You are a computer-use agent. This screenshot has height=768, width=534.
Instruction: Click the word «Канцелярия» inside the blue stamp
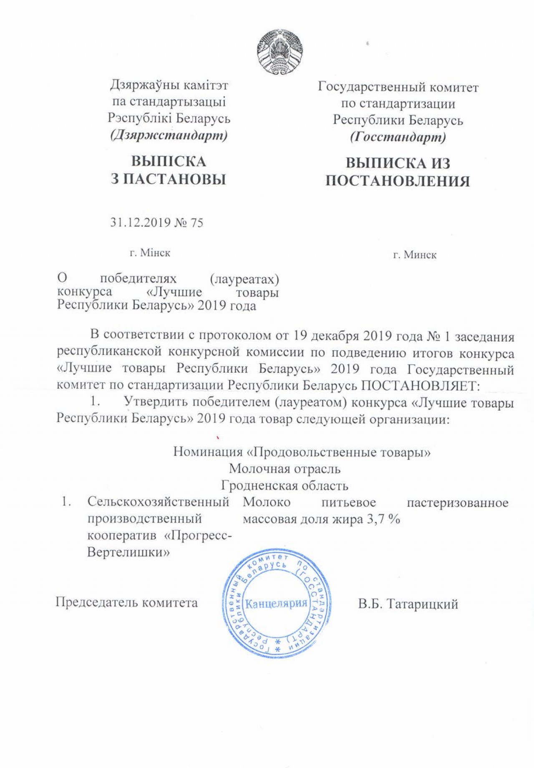click(276, 603)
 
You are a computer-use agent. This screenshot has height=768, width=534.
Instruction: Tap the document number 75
click(196, 223)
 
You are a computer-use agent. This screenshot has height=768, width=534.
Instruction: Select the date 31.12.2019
click(140, 223)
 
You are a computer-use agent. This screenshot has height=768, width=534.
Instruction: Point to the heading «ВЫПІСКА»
click(169, 162)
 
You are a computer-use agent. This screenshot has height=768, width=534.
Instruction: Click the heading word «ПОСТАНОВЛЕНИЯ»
click(398, 181)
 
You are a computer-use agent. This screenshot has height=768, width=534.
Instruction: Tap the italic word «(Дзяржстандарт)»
click(169, 135)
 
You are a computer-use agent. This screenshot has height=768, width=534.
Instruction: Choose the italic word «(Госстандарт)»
click(398, 137)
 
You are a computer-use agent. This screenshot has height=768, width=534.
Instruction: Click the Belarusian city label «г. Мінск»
click(150, 253)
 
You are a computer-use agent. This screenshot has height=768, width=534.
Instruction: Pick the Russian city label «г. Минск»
click(415, 255)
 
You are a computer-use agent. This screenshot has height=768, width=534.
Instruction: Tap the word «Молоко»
click(267, 502)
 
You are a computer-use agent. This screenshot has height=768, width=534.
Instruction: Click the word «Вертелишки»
click(128, 553)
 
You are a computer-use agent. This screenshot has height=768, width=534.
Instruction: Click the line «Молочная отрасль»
click(285, 469)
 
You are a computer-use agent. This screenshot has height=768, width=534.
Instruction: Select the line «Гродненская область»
click(285, 485)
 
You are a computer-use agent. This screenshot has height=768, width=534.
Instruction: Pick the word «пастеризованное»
click(458, 502)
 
